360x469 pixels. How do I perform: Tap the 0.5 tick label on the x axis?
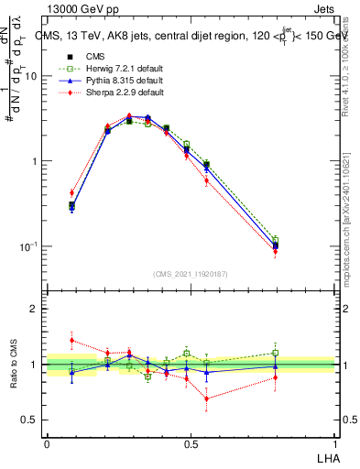[191, 443]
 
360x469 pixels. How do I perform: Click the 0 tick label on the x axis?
[47, 443]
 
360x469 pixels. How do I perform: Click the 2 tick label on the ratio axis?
[35, 310]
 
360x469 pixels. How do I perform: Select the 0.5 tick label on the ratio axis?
[30, 420]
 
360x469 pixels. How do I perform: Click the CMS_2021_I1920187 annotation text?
[190, 274]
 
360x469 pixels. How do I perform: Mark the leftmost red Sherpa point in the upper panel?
[71, 192]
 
